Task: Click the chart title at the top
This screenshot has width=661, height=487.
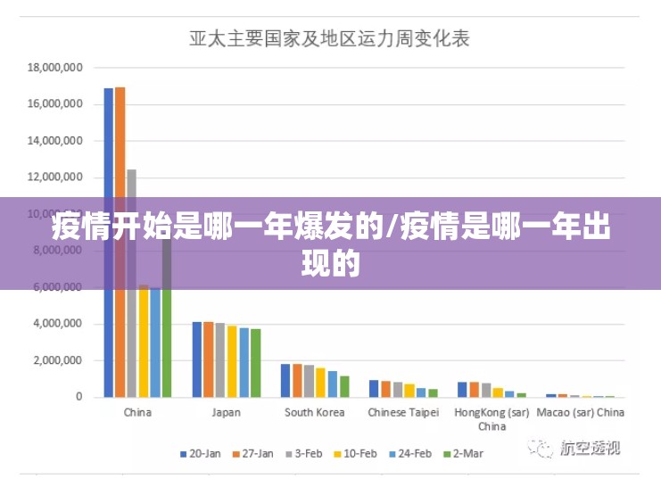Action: (329, 39)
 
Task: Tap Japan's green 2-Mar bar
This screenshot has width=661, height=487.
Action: (256, 362)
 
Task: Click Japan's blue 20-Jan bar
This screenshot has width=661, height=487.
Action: (197, 359)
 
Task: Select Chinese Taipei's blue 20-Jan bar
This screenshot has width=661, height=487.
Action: (374, 388)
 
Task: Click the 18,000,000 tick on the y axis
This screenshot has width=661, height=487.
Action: (55, 67)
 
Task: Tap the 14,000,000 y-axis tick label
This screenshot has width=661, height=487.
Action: (55, 141)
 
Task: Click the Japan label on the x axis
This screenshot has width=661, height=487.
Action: (226, 413)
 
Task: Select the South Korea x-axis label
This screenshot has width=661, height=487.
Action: (314, 413)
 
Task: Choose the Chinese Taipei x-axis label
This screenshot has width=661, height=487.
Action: (403, 413)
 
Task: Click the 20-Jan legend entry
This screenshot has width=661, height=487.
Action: (201, 454)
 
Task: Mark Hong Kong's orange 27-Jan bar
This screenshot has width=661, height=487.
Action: (474, 389)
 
